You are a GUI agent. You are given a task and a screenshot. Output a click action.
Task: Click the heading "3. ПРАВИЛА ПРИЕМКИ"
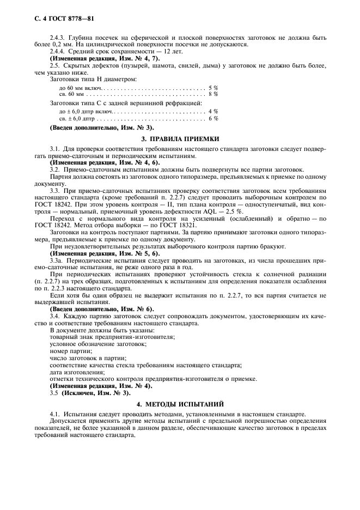click(x=180, y=139)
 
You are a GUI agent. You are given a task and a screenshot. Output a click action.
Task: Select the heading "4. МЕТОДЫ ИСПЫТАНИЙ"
click(x=180, y=404)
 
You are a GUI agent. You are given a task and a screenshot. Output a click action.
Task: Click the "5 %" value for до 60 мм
click(x=213, y=87)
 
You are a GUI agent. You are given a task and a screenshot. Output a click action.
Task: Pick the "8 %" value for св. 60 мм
click(x=213, y=94)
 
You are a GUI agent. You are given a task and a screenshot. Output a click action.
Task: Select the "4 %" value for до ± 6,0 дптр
click(x=213, y=111)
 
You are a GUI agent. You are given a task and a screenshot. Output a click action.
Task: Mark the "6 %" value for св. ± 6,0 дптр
click(x=213, y=118)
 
